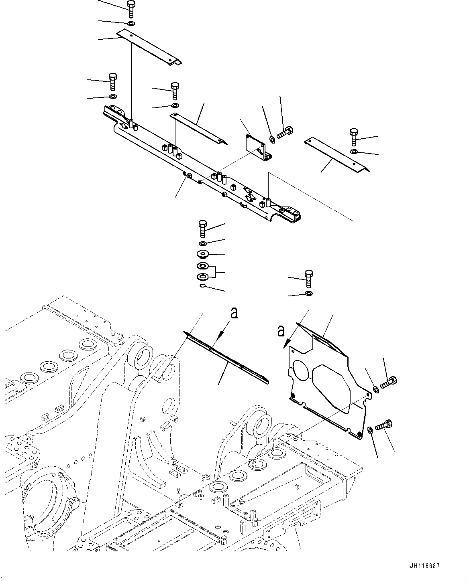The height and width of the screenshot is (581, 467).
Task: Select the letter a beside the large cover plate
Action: (281, 331)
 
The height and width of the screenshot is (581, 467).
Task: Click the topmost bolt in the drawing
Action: (131, 9)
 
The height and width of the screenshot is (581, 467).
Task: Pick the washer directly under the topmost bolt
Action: (131, 24)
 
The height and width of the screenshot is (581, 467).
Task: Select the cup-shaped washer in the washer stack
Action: (202, 254)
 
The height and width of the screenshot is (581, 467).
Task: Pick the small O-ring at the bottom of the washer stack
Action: (203, 285)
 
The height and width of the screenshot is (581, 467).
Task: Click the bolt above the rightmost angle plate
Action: (353, 137)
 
